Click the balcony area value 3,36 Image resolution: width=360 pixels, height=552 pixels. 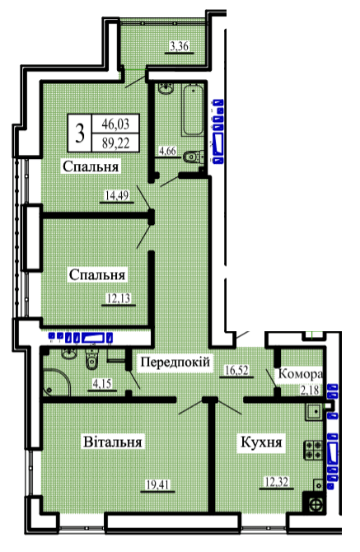click(180, 46)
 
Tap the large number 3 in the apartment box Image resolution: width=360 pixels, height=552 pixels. click(80, 133)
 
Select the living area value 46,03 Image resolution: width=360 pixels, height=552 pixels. click(115, 124)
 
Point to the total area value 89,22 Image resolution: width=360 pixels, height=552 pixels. click(115, 143)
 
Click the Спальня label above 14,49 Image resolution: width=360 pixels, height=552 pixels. click(91, 166)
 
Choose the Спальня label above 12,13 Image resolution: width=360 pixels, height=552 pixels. click(97, 274)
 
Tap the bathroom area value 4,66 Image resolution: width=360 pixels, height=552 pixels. click(167, 151)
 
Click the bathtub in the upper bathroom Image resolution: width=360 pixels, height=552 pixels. click(193, 110)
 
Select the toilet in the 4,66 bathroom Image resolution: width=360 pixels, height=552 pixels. click(193, 157)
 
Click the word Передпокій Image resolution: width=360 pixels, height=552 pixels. click(175, 362)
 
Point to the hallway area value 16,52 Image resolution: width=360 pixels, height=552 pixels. click(236, 370)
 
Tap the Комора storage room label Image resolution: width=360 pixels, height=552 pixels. click(300, 374)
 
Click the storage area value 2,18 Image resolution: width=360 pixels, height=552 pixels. click(310, 390)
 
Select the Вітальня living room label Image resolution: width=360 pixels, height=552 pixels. click(113, 442)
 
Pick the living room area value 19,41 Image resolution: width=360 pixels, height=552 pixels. click(157, 485)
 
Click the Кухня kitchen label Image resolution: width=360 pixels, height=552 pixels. click(261, 442)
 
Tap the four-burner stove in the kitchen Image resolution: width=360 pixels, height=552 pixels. click(313, 450)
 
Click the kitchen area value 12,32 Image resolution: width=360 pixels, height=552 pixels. click(277, 482)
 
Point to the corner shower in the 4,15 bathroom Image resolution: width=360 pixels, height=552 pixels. click(56, 383)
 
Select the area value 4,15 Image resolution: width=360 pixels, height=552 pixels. click(102, 383)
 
